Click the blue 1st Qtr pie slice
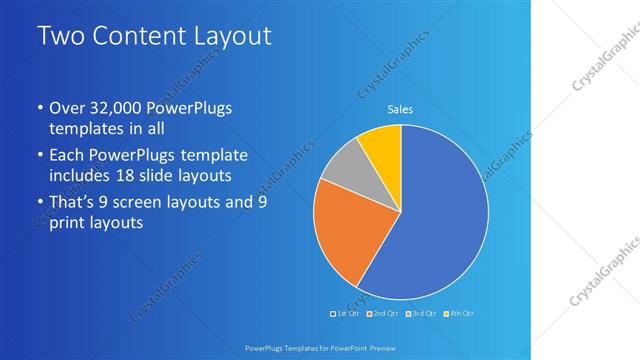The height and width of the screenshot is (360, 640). click(x=440, y=220)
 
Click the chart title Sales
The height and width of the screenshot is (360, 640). click(x=400, y=110)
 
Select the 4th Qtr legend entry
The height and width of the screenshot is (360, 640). click(x=458, y=314)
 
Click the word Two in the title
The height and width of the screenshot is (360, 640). click(x=59, y=37)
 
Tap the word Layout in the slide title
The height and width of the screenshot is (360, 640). click(x=231, y=37)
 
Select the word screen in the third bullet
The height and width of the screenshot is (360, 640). click(x=151, y=202)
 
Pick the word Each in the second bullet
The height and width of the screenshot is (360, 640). click(x=67, y=156)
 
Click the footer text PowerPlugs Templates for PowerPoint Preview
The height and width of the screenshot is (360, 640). click(x=320, y=347)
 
